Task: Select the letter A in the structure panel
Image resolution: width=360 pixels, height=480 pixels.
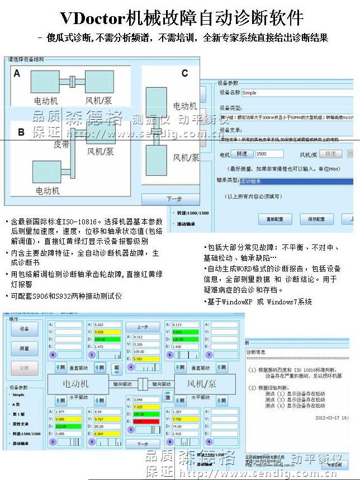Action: click(17, 73)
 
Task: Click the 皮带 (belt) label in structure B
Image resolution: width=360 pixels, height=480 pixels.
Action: click(61, 143)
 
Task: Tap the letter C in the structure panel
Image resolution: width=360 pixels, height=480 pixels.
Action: click(185, 73)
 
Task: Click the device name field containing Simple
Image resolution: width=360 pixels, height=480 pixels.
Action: click(296, 93)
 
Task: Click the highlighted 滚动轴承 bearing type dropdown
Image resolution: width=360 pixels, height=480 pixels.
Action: click(296, 181)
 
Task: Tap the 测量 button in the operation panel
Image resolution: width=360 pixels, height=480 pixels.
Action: click(24, 349)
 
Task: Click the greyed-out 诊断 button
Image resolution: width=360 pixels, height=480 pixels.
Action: click(24, 368)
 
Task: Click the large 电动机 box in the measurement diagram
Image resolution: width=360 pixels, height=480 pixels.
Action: click(75, 384)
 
